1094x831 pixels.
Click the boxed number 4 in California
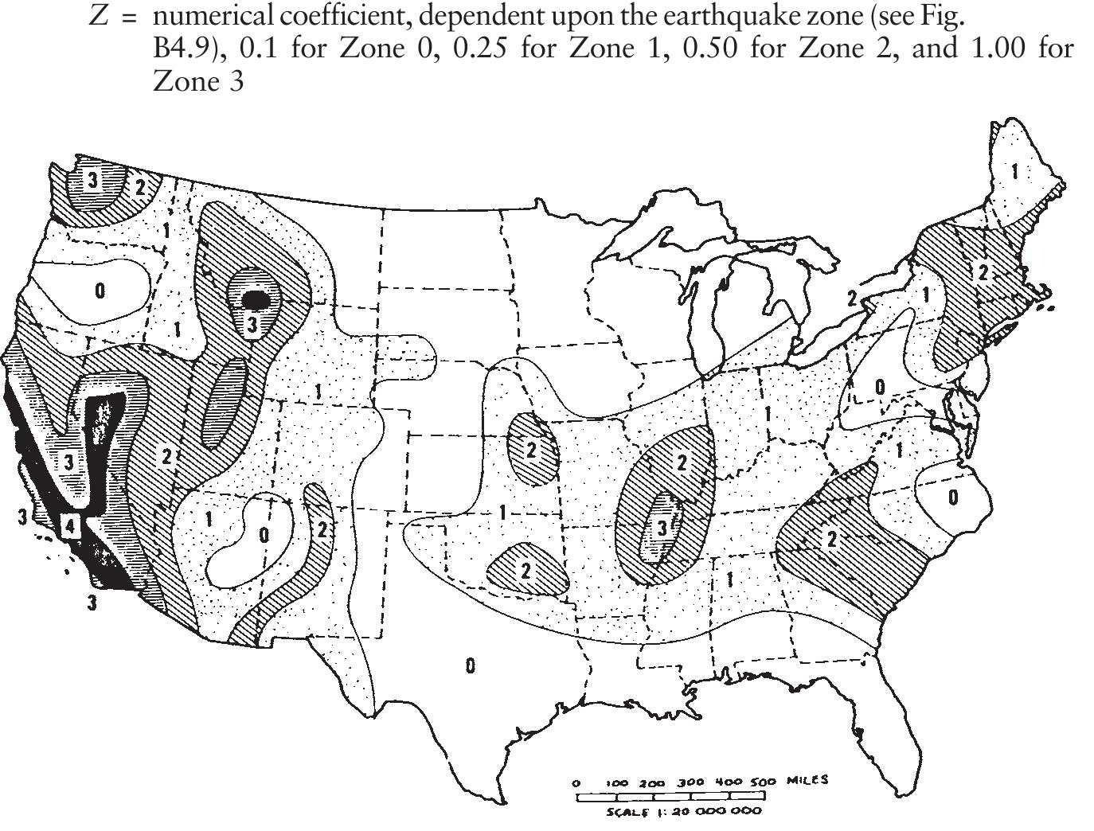click(70, 526)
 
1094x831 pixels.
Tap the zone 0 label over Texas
click(470, 665)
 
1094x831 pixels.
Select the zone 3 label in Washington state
click(93, 181)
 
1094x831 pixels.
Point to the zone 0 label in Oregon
click(100, 291)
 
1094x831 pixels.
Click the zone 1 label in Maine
click(1014, 170)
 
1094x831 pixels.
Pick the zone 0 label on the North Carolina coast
click(953, 497)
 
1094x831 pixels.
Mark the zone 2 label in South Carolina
click(831, 540)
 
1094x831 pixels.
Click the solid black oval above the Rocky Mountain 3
click(256, 299)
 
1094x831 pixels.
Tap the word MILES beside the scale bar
click(807, 780)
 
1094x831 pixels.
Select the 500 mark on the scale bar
click(763, 782)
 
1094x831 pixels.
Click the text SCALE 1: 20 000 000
click(683, 812)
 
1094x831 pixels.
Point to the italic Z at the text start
click(99, 16)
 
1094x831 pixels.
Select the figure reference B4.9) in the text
click(189, 49)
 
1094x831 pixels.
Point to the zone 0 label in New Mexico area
click(264, 535)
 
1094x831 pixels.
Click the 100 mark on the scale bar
click(618, 782)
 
